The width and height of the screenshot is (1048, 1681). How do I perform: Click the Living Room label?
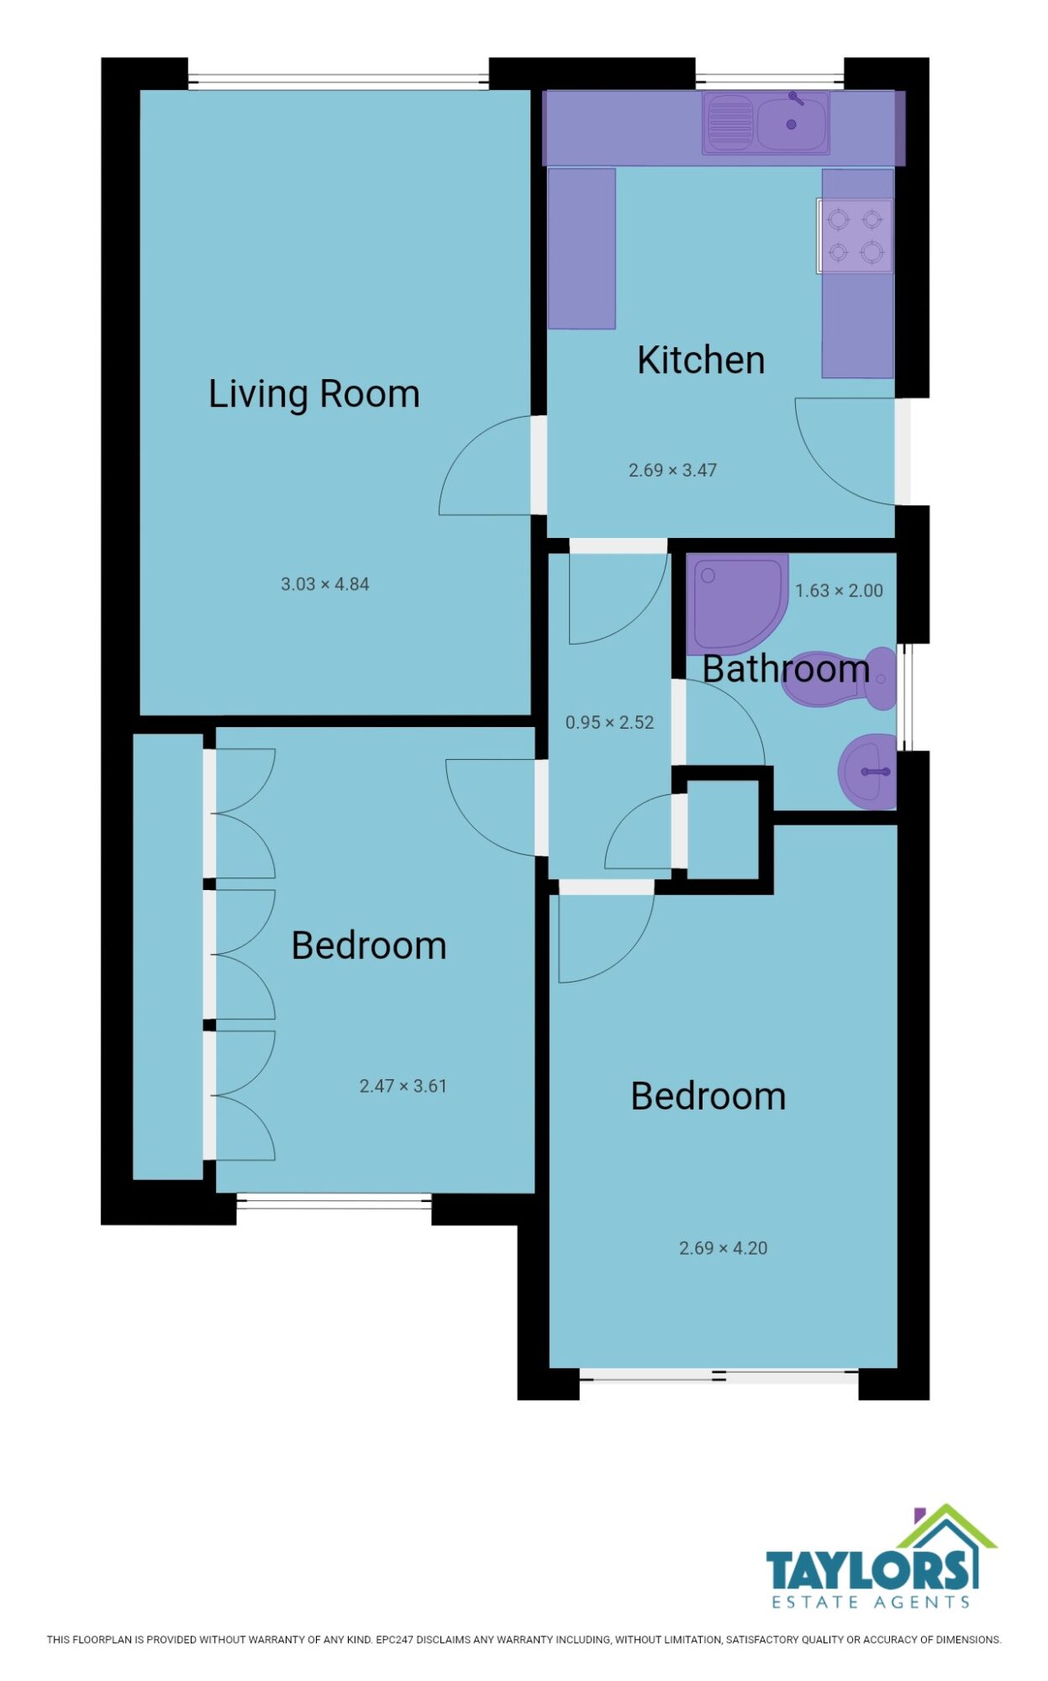pos(313,394)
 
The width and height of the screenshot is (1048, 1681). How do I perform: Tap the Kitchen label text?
pos(701,360)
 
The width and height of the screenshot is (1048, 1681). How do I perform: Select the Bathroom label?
pos(786,669)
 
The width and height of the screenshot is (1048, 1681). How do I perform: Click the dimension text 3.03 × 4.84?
pos(325,584)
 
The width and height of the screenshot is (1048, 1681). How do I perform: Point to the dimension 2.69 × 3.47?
pos(672,471)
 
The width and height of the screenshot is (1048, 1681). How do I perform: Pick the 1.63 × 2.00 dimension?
pos(839,591)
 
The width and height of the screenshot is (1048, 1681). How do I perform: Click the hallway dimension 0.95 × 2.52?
pos(609,723)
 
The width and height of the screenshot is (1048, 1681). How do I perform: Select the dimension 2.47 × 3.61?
pos(403,1086)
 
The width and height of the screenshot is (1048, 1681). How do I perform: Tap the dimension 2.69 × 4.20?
pos(723,1248)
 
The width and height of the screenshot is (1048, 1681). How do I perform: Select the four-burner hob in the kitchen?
pos(855,236)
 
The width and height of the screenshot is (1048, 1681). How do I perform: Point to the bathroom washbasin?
pos(867,772)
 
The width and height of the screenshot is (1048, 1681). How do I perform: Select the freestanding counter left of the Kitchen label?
pos(582,248)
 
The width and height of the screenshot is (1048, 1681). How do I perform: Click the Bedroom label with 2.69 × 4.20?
pos(708,1096)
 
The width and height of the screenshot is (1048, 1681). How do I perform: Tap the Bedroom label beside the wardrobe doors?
pos(369,946)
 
